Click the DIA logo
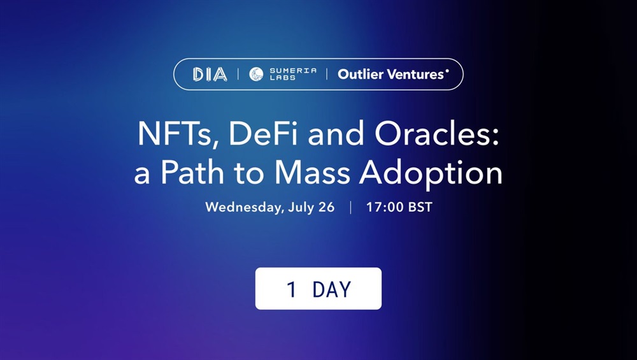coord(210,75)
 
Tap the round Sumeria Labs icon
coord(256,75)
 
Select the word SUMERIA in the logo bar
coord(293,71)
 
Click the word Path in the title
coord(192,173)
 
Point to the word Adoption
coord(431,174)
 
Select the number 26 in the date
coord(326,207)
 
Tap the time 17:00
coord(384,207)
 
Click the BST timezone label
coord(420,207)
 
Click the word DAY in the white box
coord(331,290)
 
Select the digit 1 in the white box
coord(291,290)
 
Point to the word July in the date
coord(301,208)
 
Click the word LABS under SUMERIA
coord(283,78)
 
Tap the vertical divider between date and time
coord(350,207)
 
